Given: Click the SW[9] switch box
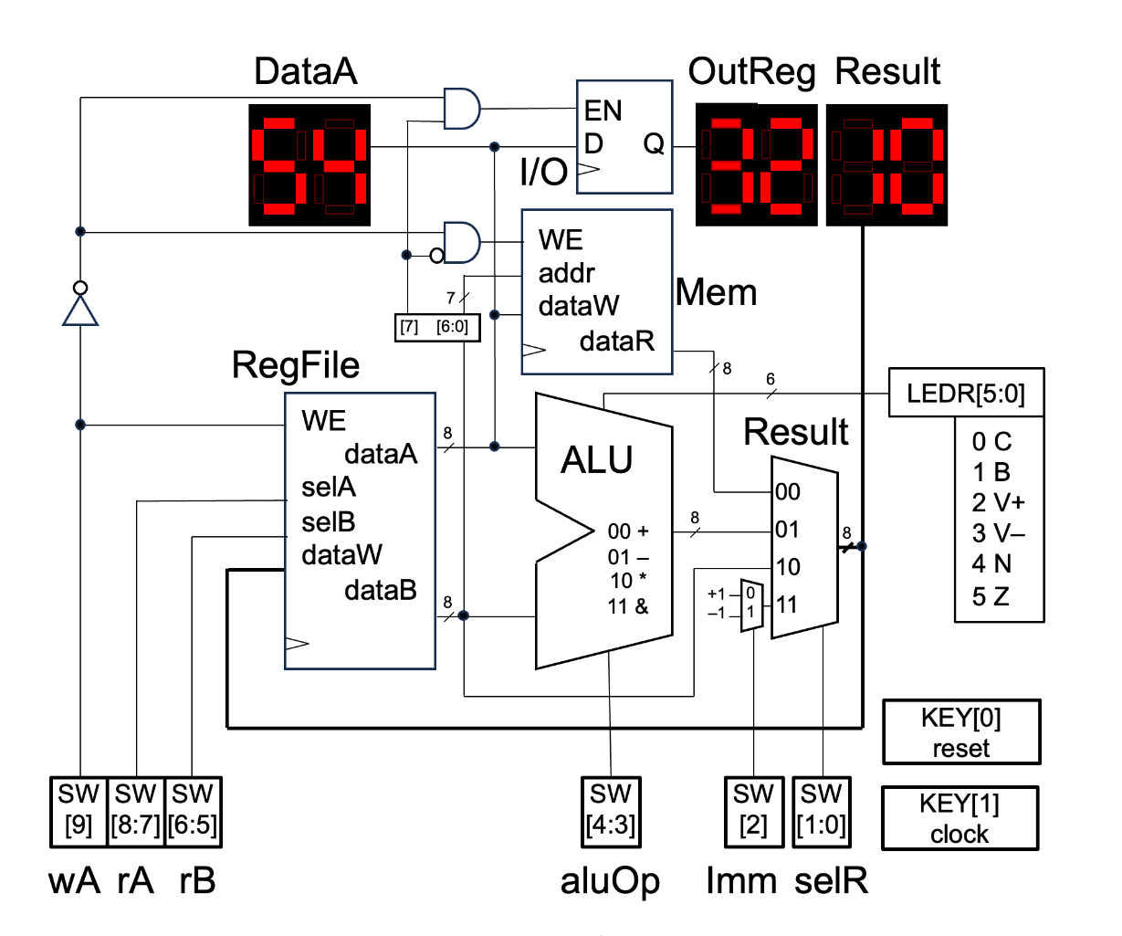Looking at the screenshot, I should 79,811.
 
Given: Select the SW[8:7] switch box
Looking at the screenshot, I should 136,811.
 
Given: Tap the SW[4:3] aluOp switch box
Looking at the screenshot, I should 610,811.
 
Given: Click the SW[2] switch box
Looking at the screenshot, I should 753,811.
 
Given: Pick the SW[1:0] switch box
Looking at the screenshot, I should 823,811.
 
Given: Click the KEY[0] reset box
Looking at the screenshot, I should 960,732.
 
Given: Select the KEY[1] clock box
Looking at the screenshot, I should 959,818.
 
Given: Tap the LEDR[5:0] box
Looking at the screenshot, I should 966,394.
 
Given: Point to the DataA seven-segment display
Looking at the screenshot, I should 309,165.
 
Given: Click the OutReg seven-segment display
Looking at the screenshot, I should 756,165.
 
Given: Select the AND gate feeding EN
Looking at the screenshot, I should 461,109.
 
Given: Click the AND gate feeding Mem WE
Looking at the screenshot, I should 461,242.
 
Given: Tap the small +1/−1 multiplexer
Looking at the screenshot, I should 750,604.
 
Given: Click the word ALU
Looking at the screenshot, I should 596,460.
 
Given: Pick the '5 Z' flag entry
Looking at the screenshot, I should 991,597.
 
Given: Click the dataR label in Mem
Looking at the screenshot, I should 617,342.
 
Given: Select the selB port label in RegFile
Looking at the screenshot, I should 328,522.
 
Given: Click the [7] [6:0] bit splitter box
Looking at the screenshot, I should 437,327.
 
